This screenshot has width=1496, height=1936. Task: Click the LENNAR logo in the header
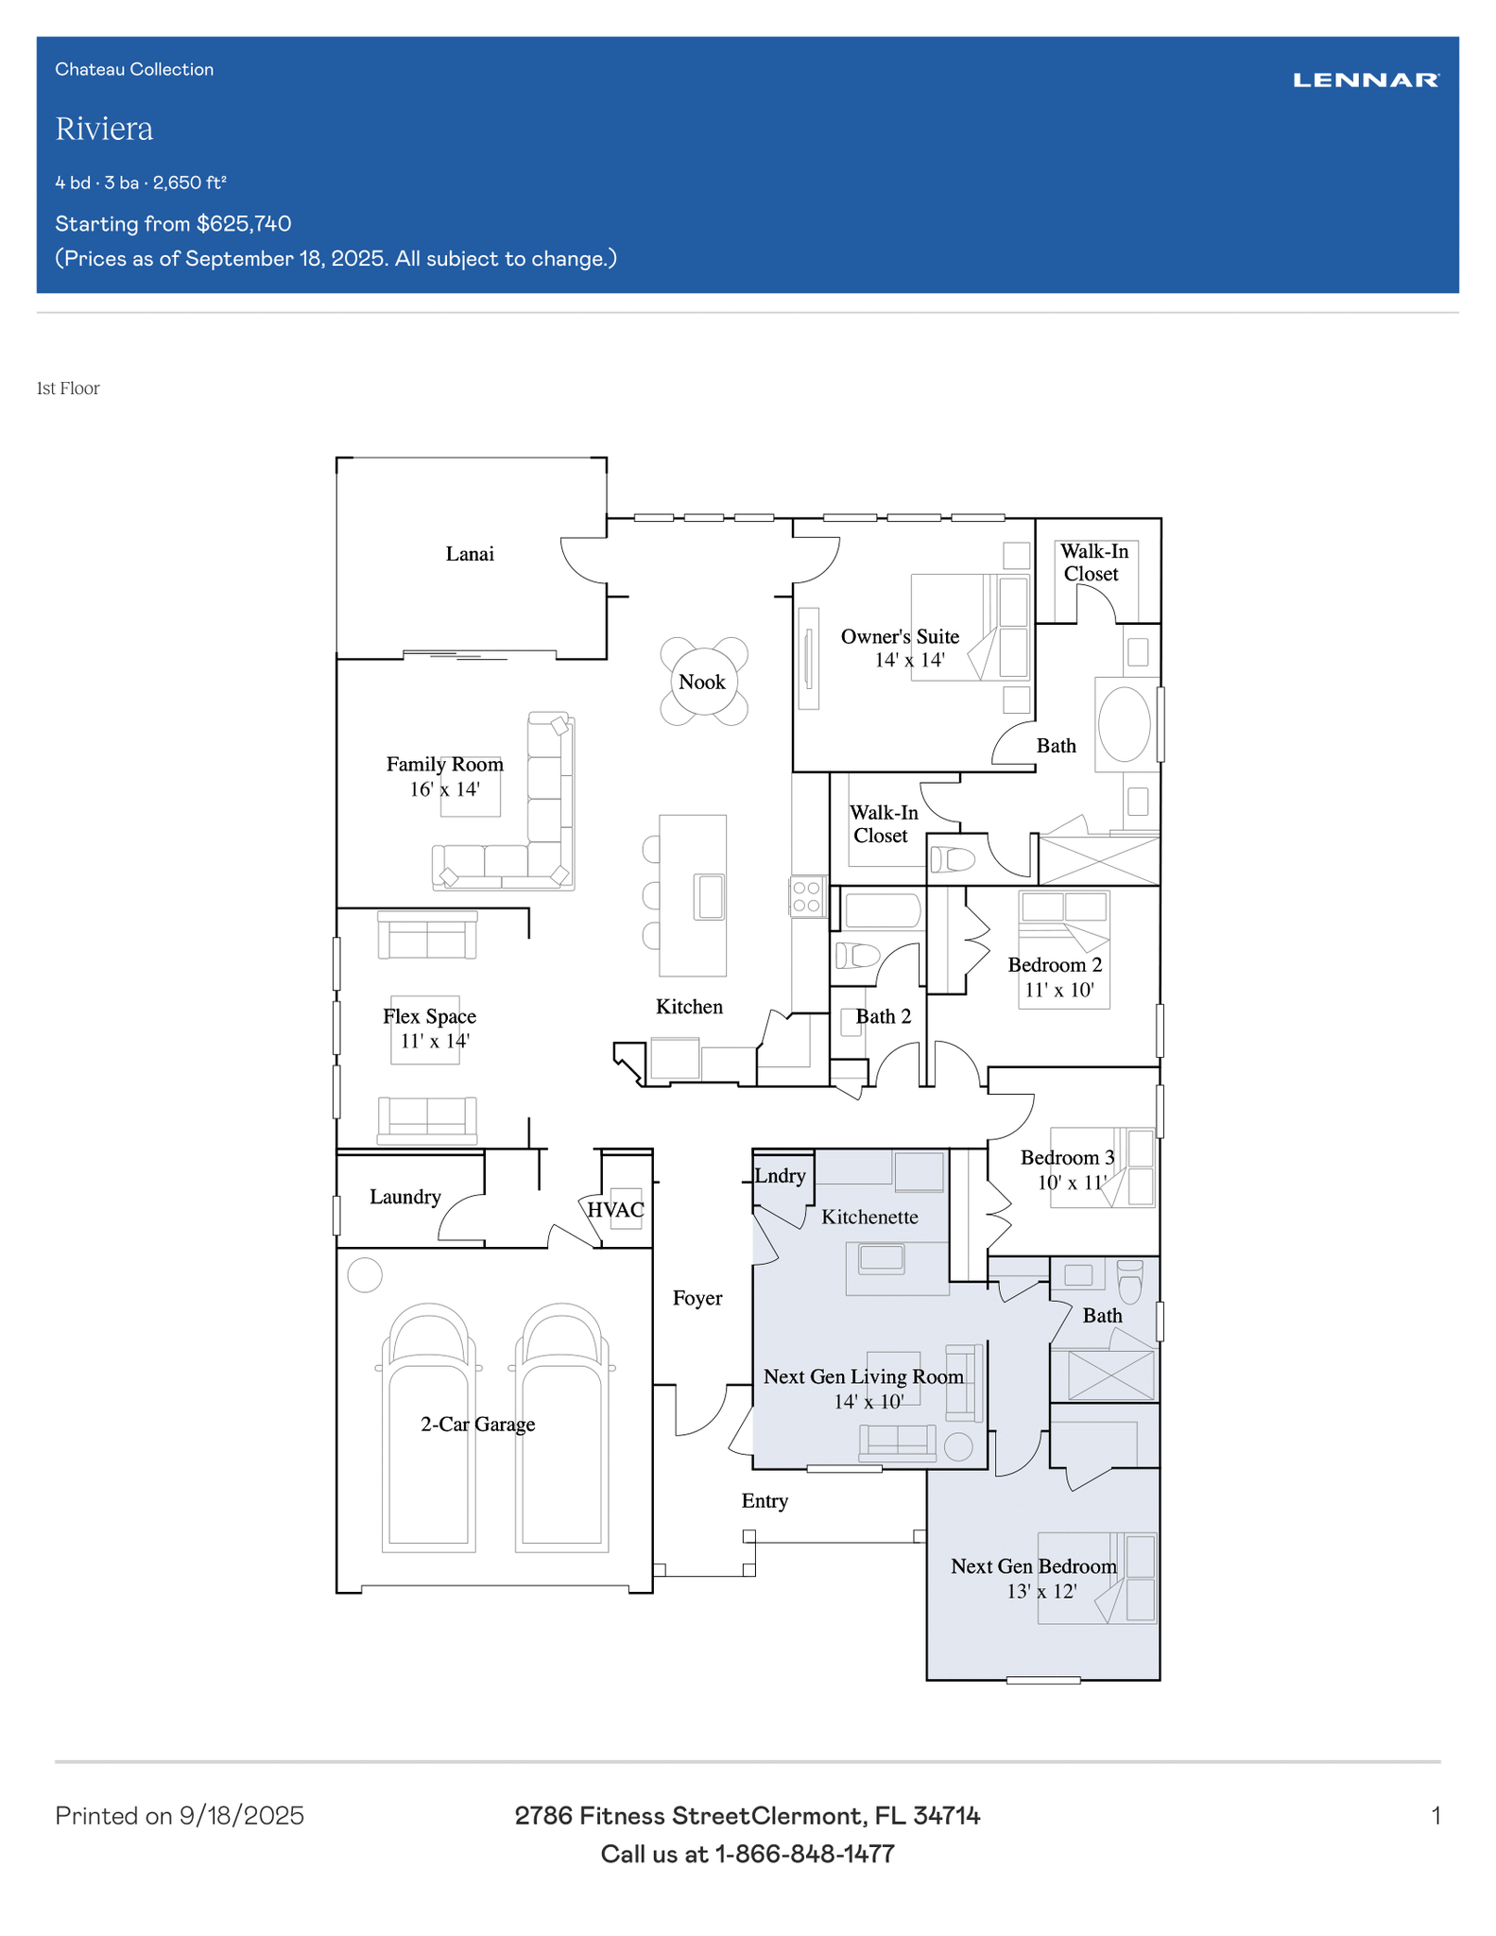[1366, 80]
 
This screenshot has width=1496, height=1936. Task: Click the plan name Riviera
[104, 129]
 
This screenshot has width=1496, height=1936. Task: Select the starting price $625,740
[244, 224]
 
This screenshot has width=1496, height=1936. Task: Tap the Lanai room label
[470, 554]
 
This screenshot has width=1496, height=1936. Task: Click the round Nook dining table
[703, 682]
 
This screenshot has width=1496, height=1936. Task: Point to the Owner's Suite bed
[970, 627]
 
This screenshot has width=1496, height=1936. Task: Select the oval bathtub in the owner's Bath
[1125, 724]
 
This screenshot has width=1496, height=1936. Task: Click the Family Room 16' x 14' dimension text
[445, 789]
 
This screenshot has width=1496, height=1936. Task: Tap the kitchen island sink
[710, 896]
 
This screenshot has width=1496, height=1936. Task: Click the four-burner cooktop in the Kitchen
[807, 896]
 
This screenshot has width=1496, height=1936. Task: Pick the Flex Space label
[429, 1016]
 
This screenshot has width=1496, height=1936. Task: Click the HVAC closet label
[615, 1210]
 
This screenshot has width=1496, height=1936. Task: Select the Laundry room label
[405, 1197]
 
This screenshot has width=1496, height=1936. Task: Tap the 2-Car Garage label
[478, 1424]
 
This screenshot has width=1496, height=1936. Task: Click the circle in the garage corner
[365, 1275]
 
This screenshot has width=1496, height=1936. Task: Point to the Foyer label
[697, 1298]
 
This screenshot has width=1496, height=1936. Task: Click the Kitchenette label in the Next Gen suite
[869, 1217]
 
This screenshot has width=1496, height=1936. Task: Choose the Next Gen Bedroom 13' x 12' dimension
[1041, 1591]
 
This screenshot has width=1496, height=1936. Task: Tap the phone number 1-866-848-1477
[804, 1854]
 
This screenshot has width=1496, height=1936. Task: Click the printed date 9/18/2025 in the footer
[242, 1816]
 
